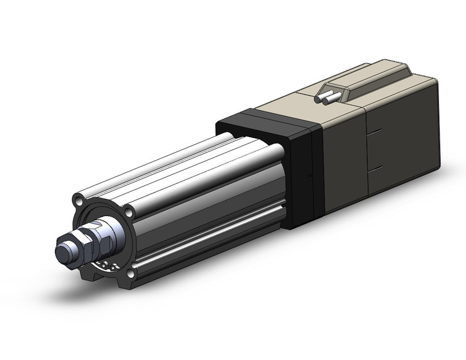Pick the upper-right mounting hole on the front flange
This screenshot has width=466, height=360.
point(129,213)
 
